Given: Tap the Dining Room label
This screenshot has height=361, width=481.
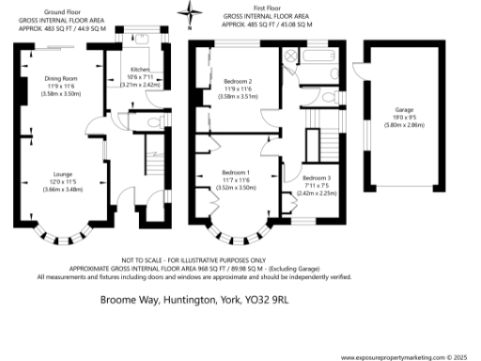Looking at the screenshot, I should (61, 78).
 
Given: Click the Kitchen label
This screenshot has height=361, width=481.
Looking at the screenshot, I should (140, 71).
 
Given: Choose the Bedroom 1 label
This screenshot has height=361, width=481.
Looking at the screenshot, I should (235, 172).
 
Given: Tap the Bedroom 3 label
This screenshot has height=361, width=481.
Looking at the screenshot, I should (318, 178).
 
